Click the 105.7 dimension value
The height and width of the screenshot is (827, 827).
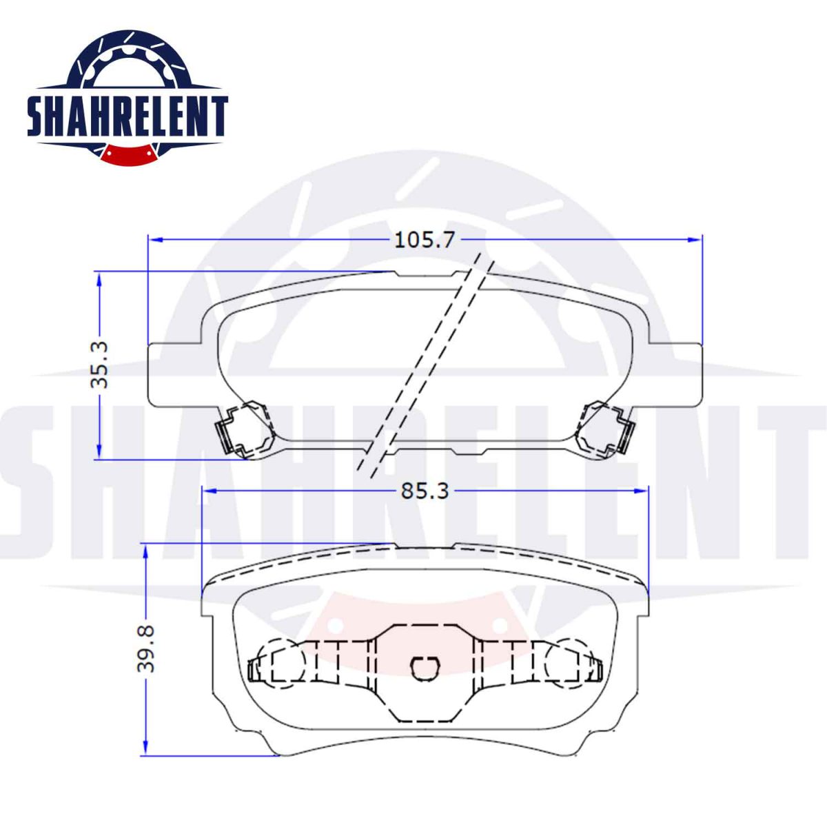coord(424,240)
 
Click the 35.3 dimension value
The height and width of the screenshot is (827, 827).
coord(99,365)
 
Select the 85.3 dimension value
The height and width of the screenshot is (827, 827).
coord(425,491)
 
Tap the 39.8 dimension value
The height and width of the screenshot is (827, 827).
coord(146,649)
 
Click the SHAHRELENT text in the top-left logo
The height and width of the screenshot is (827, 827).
coord(127,116)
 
